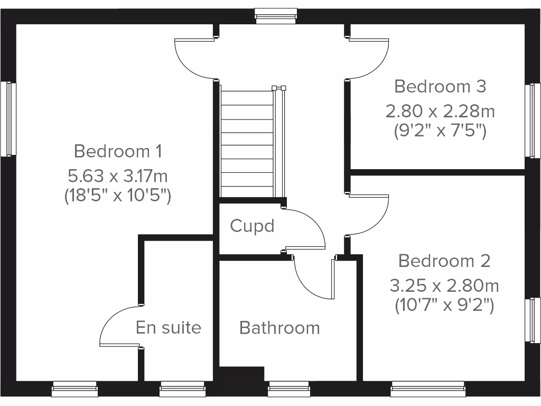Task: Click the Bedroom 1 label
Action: click(x=117, y=151)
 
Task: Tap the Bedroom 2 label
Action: click(x=444, y=261)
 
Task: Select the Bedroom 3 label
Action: click(x=440, y=86)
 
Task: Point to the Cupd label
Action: click(x=252, y=226)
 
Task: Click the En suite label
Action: click(x=169, y=327)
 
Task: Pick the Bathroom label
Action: click(x=279, y=328)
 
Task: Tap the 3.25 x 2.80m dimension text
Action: click(x=444, y=286)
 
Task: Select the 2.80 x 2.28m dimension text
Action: click(x=440, y=111)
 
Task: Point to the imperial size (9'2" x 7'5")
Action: click(x=440, y=130)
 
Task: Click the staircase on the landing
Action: click(x=247, y=143)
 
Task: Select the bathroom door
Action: click(x=312, y=280)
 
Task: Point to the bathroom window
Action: click(x=288, y=390)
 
